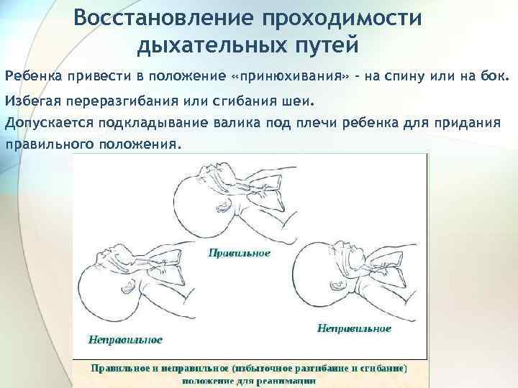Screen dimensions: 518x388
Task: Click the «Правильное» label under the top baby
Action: (240, 253)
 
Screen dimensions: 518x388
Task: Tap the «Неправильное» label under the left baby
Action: (125, 338)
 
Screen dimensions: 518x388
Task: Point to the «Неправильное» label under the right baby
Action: (354, 328)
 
